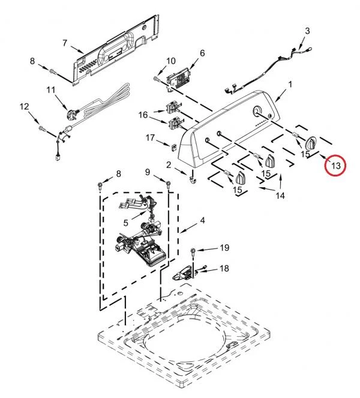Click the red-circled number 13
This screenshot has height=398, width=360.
335,166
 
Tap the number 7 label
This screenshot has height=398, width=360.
65,43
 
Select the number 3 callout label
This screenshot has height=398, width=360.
307,31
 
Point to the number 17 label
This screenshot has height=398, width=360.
150,137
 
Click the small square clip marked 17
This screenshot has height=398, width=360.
173,147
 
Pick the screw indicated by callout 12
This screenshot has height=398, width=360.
42,128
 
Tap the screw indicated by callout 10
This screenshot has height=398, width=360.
156,79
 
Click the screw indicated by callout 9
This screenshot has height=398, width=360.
167,184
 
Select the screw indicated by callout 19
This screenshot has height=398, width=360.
193,253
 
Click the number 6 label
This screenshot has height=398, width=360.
202,53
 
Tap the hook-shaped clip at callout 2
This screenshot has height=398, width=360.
193,177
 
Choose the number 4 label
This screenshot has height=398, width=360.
202,220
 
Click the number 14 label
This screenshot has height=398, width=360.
280,196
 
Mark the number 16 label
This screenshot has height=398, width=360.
143,115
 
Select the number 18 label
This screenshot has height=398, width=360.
224,268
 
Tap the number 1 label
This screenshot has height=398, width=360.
290,84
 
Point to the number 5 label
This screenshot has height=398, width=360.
126,223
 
